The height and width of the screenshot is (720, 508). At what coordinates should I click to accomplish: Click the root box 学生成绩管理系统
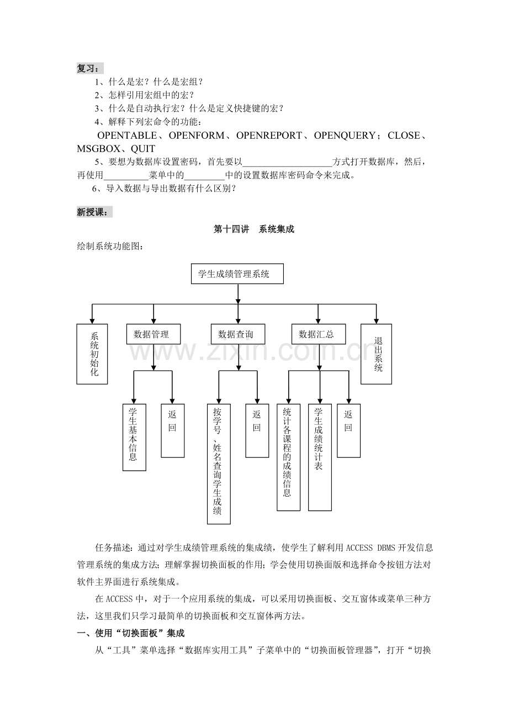237,274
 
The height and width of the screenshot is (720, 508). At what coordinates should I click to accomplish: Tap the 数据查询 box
237,335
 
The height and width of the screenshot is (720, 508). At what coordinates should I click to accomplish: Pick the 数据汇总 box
317,335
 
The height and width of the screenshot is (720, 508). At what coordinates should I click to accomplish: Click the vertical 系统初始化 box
92,353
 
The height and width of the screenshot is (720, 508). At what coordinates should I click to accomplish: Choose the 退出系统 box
376,354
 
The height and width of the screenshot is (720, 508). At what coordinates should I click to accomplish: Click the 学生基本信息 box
134,437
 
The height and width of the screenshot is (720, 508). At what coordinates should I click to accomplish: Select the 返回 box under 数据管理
172,430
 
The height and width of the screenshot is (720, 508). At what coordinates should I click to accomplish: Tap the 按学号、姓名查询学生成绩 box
219,463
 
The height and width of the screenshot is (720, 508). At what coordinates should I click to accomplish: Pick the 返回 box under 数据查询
257,430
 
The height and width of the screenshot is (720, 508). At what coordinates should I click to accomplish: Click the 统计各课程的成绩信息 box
288,457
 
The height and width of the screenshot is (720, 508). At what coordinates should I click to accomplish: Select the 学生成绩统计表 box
320,457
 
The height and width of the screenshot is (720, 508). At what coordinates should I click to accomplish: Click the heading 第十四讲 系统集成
253,229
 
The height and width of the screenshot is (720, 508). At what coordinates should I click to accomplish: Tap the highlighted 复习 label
89,69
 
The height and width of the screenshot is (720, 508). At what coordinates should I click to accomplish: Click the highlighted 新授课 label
94,212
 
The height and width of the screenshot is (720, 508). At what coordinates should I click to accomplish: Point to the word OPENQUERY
346,135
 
